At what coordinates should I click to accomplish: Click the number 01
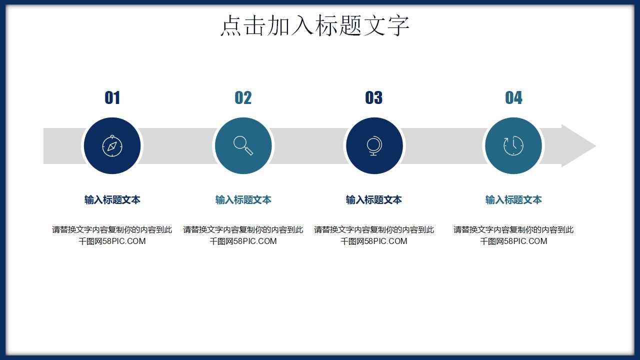pos(112,98)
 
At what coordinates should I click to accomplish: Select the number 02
pos(243,98)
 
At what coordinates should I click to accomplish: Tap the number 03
pos(374,98)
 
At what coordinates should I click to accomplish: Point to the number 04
pos(513,98)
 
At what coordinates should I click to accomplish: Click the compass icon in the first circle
pos(112,146)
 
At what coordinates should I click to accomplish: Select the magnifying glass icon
pos(243,145)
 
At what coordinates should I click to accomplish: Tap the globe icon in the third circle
pos(374,146)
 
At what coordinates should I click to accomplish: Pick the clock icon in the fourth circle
pos(513,146)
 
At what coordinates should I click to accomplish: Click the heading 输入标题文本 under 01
pos(112,200)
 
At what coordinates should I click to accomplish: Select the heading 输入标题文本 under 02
pos(243,200)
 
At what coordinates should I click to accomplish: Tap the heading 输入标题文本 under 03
pos(374,200)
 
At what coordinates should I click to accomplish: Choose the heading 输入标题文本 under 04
pos(513,200)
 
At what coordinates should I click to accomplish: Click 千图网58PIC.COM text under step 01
pos(112,241)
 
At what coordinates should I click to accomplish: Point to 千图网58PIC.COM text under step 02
pos(243,241)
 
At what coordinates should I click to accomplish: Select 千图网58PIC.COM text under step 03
pos(374,241)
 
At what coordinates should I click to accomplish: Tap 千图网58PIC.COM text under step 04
pos(513,241)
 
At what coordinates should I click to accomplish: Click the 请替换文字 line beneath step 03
pos(374,230)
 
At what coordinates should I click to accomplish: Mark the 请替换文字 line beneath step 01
pos(112,230)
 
